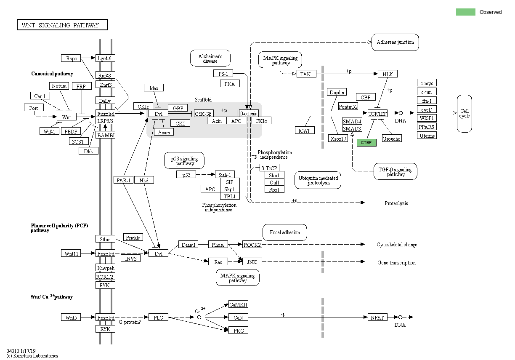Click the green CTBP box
pyautogui.click(x=366, y=143)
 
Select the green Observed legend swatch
pyautogui.click(x=465, y=12)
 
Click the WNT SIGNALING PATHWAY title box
pyautogui.click(x=62, y=25)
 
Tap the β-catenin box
pyautogui.click(x=249, y=114)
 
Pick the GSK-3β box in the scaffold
pyautogui.click(x=204, y=114)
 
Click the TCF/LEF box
pyautogui.click(x=377, y=114)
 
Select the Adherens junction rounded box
pyautogui.click(x=395, y=42)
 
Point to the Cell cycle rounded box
pyautogui.click(x=465, y=113)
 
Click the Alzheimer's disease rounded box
pyautogui.click(x=210, y=58)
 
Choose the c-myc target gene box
pyautogui.click(x=427, y=83)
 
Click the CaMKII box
pyautogui.click(x=238, y=304)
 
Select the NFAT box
pyautogui.click(x=377, y=317)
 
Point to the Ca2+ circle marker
pyautogui.click(x=199, y=317)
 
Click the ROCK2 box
pyautogui.click(x=252, y=245)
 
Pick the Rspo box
pyautogui.click(x=71, y=58)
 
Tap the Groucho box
pyautogui.click(x=391, y=139)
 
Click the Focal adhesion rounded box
pyautogui.click(x=285, y=232)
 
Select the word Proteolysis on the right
pyautogui.click(x=396, y=203)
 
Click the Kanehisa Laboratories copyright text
pyautogui.click(x=32, y=356)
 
